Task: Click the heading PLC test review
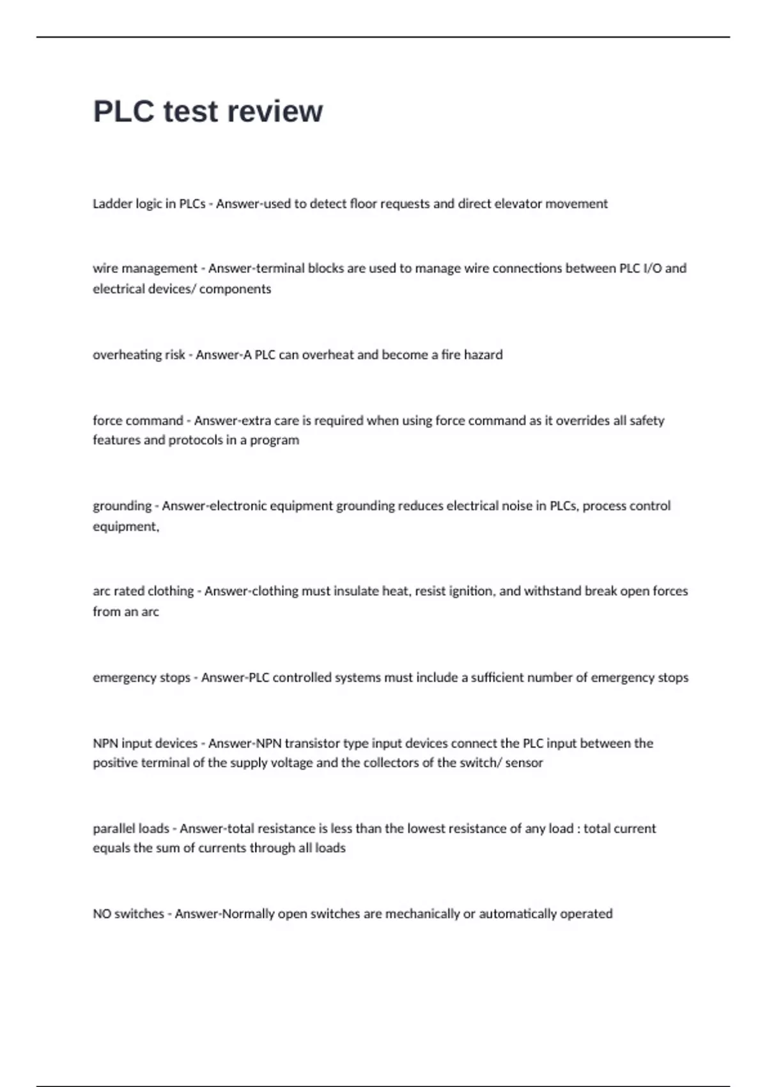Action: [208, 111]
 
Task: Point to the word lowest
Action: [431, 829]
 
